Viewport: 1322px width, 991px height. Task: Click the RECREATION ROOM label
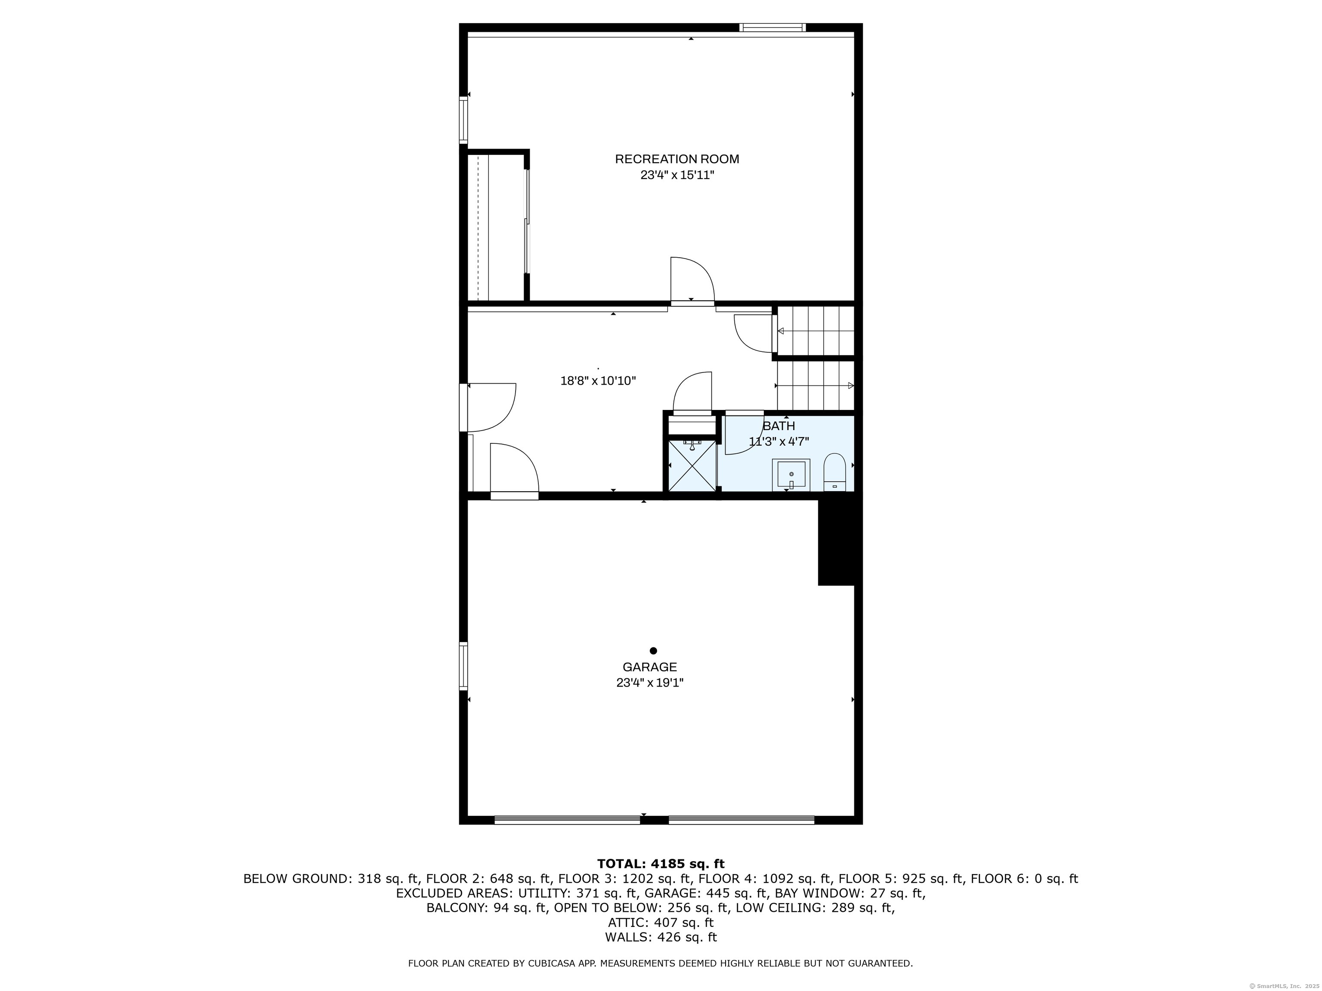click(x=676, y=159)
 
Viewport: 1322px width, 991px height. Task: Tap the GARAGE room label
click(x=650, y=667)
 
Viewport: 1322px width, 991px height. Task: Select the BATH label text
click(x=779, y=426)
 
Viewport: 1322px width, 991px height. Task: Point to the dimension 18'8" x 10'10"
click(x=598, y=381)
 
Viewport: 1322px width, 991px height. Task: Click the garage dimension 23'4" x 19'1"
click(x=650, y=683)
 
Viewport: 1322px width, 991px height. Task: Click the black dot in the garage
click(x=653, y=650)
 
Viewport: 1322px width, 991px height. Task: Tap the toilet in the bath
click(x=834, y=472)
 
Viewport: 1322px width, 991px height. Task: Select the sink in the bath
click(x=791, y=475)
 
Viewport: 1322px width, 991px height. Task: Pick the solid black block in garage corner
click(x=837, y=542)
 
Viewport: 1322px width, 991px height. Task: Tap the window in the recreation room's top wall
click(x=772, y=28)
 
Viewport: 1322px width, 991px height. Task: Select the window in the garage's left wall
click(x=463, y=666)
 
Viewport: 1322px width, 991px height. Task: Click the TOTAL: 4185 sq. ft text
click(x=661, y=864)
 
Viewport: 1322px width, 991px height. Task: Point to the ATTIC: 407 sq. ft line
click(x=661, y=922)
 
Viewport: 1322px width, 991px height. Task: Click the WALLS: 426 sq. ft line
click(x=661, y=937)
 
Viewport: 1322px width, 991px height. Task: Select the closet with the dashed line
click(x=495, y=227)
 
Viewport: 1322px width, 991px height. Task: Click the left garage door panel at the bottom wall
click(x=567, y=820)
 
